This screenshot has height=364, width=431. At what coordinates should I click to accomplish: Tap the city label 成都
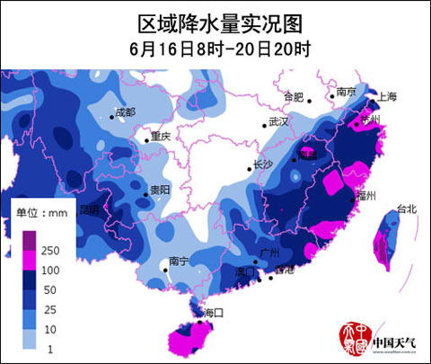pos(125,112)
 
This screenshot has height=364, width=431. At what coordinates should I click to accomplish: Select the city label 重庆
pos(161,137)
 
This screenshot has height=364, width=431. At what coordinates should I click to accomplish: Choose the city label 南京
pos(347,92)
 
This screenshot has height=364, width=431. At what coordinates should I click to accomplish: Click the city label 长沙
pos(262,164)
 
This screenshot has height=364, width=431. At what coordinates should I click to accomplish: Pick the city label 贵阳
pos(160,190)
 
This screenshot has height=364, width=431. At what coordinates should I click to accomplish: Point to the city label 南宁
pos(177,261)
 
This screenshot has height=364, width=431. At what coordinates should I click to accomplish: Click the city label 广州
pos(266,253)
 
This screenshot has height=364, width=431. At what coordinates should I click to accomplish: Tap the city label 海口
pos(212,312)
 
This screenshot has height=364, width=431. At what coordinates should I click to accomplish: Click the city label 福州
pos(365,195)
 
